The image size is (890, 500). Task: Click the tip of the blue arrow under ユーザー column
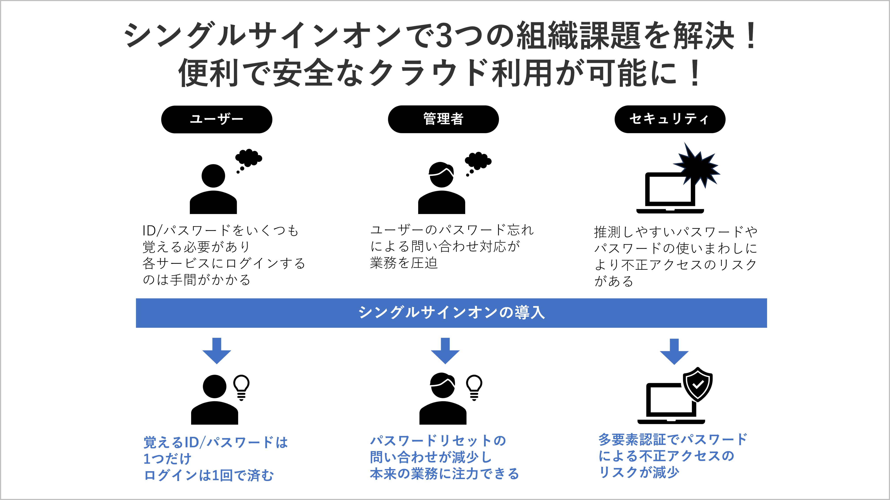[217, 364]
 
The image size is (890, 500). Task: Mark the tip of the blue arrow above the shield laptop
[674, 364]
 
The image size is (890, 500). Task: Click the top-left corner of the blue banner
[136, 299]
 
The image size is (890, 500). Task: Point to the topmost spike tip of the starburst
[685, 143]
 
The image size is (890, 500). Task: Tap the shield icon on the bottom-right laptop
[698, 384]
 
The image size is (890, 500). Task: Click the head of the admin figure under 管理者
[441, 175]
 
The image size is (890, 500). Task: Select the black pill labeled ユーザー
[217, 119]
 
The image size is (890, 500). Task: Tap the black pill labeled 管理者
[443, 119]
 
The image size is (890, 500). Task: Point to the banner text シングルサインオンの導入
[452, 313]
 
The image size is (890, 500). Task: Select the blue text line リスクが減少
[639, 472]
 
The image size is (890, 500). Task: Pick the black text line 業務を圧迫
[404, 263]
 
